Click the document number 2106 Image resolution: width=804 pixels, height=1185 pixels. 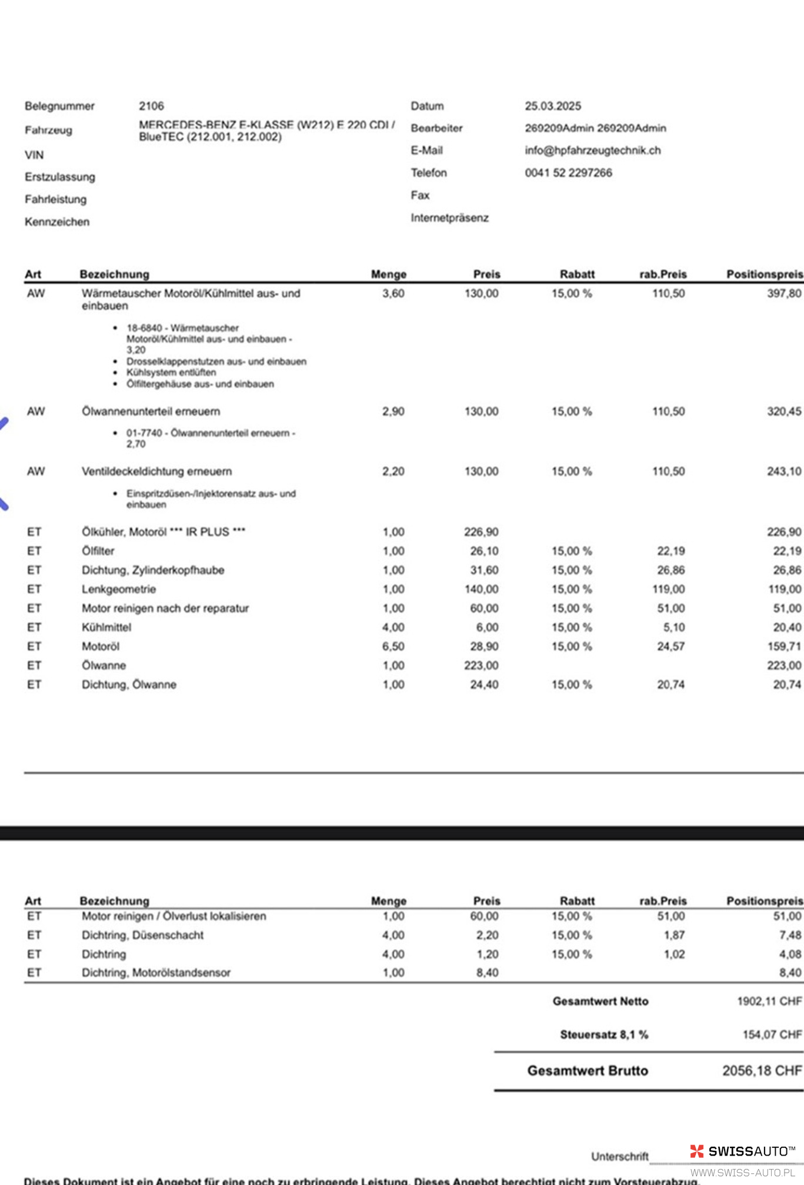click(x=151, y=106)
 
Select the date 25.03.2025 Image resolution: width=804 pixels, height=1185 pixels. click(x=552, y=106)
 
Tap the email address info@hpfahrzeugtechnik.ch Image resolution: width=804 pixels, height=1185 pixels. click(x=592, y=150)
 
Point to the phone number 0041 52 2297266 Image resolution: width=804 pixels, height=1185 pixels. click(x=568, y=172)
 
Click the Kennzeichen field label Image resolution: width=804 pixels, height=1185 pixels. click(x=57, y=222)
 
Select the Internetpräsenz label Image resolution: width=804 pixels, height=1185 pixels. click(x=449, y=217)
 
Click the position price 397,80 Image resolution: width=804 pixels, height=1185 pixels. click(x=783, y=293)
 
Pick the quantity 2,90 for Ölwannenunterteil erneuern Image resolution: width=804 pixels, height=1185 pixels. click(x=393, y=411)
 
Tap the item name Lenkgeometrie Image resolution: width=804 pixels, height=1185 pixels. click(x=119, y=589)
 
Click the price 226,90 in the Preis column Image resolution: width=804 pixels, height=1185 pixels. click(x=481, y=531)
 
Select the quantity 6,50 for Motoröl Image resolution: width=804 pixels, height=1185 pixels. click(x=393, y=646)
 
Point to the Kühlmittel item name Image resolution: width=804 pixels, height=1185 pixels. click(x=106, y=627)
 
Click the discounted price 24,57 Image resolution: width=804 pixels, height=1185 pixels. click(x=670, y=646)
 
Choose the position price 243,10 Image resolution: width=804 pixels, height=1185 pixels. click(x=783, y=471)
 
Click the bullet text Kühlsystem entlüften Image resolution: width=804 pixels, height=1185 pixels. click(x=171, y=372)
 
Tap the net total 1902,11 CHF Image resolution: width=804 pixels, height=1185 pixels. click(x=769, y=1001)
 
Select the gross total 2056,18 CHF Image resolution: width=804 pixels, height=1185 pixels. click(x=762, y=1070)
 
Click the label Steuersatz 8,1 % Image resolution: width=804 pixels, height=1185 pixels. click(x=603, y=1035)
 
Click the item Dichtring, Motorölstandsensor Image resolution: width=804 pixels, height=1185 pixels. click(x=156, y=973)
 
